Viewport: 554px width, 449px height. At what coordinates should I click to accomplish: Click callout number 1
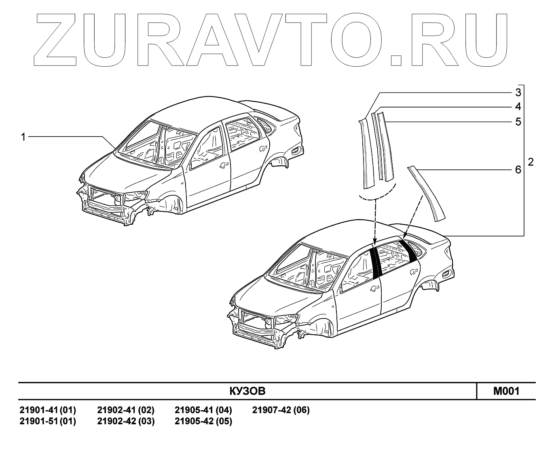click(x=23, y=137)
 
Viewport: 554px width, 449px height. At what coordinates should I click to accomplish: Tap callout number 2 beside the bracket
click(x=531, y=162)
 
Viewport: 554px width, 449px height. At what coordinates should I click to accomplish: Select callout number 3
click(x=518, y=93)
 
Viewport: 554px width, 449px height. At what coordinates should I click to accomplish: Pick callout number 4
click(x=518, y=107)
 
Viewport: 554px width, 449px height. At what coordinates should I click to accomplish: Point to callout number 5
click(x=518, y=122)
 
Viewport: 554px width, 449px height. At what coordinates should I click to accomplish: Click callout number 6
click(x=518, y=170)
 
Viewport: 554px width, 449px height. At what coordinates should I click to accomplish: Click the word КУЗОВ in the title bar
click(x=247, y=391)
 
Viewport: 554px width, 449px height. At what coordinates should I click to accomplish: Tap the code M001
click(x=506, y=391)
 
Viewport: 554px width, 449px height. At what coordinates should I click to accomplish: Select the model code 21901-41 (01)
click(x=48, y=410)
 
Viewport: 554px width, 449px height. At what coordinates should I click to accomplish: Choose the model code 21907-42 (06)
click(x=281, y=410)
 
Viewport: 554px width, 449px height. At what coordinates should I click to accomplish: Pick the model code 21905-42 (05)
click(x=203, y=421)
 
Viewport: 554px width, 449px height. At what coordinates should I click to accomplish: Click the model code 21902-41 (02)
click(x=126, y=410)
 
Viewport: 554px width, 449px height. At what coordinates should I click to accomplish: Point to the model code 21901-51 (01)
click(x=48, y=421)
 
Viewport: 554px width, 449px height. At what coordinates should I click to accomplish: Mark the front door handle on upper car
click(x=222, y=166)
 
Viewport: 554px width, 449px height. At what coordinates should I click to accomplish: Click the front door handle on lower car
click(x=374, y=288)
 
